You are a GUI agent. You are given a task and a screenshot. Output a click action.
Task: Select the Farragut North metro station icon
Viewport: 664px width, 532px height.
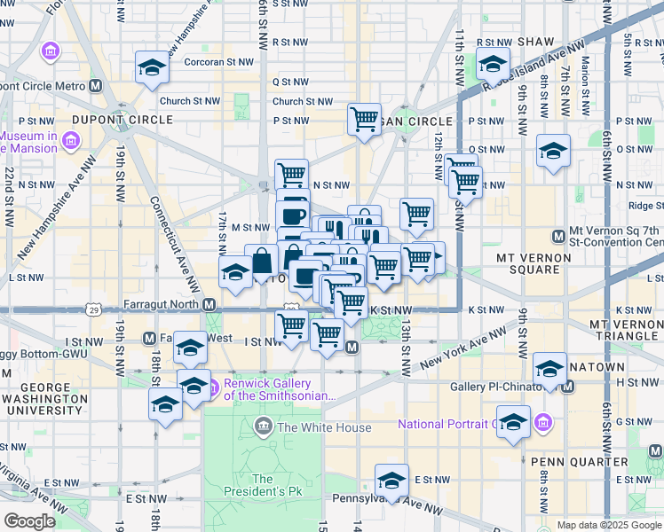point(209,304)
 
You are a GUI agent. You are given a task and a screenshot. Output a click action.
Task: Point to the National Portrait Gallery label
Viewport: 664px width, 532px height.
point(462,424)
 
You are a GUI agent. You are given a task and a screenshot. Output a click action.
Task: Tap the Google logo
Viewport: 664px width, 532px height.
point(30,521)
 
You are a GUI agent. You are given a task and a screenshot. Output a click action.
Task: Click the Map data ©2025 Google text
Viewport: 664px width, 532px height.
point(608,525)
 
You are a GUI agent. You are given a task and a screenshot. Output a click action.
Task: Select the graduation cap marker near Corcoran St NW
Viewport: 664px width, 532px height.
point(152,66)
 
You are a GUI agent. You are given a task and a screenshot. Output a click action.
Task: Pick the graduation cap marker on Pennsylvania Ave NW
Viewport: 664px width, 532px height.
point(391,480)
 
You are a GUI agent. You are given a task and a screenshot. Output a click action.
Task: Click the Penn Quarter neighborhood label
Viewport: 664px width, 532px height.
point(578,462)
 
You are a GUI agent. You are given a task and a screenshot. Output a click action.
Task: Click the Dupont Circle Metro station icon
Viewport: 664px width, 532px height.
point(96,86)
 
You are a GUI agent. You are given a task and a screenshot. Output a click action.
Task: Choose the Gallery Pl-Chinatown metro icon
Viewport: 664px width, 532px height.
point(568,387)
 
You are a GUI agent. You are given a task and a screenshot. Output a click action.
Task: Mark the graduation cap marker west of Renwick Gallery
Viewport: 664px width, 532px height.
point(165,405)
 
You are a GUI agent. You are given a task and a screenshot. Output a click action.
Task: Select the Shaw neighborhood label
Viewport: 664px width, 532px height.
point(535,42)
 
